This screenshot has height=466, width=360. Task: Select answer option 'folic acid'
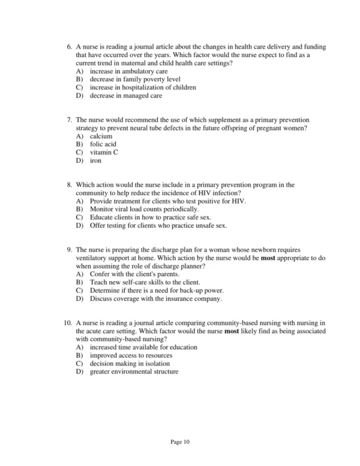point(104,145)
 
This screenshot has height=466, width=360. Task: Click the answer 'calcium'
point(101,136)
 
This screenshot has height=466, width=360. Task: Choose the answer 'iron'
point(95,162)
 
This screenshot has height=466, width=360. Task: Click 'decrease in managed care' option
point(125,95)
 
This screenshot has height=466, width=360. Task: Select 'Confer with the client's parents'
point(136,274)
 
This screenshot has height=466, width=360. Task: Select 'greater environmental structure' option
point(134,372)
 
